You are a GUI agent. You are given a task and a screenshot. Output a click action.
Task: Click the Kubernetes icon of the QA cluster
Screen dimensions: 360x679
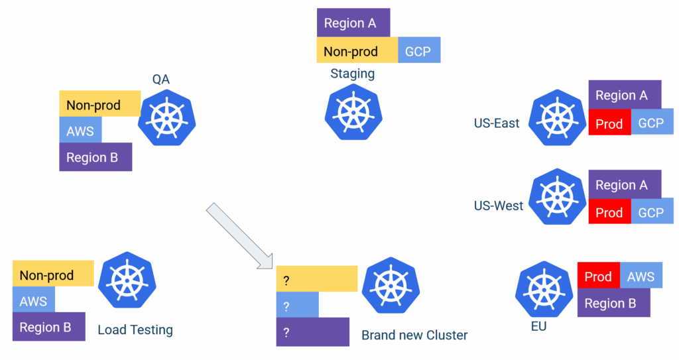pyautogui.click(x=167, y=116)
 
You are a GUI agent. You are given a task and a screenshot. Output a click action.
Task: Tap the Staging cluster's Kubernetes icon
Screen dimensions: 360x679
pyautogui.click(x=353, y=111)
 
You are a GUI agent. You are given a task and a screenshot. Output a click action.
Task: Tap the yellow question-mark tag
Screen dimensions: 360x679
pyautogui.click(x=317, y=279)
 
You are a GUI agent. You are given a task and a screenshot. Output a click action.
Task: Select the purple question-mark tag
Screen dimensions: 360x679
pyautogui.click(x=312, y=332)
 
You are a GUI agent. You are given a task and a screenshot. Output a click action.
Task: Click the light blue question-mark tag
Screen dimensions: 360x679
pyautogui.click(x=297, y=306)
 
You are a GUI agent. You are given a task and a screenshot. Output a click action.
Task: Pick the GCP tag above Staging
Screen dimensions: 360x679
pyautogui.click(x=418, y=50)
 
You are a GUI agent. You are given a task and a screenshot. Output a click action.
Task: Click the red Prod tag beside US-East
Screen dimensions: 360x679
pyautogui.click(x=609, y=123)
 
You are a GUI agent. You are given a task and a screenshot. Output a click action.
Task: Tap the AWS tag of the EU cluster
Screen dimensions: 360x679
pyautogui.click(x=641, y=276)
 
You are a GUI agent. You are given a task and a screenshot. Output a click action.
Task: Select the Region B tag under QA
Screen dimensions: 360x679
pyautogui.click(x=95, y=157)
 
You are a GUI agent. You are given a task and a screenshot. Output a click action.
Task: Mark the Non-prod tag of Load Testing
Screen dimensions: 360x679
pyautogui.click(x=53, y=274)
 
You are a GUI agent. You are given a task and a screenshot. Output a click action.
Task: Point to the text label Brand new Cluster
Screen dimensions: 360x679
pyautogui.click(x=414, y=335)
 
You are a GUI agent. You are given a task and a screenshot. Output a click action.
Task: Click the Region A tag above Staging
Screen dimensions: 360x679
pyautogui.click(x=353, y=23)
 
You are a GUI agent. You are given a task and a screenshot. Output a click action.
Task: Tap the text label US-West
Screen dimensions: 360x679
pyautogui.click(x=499, y=206)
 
